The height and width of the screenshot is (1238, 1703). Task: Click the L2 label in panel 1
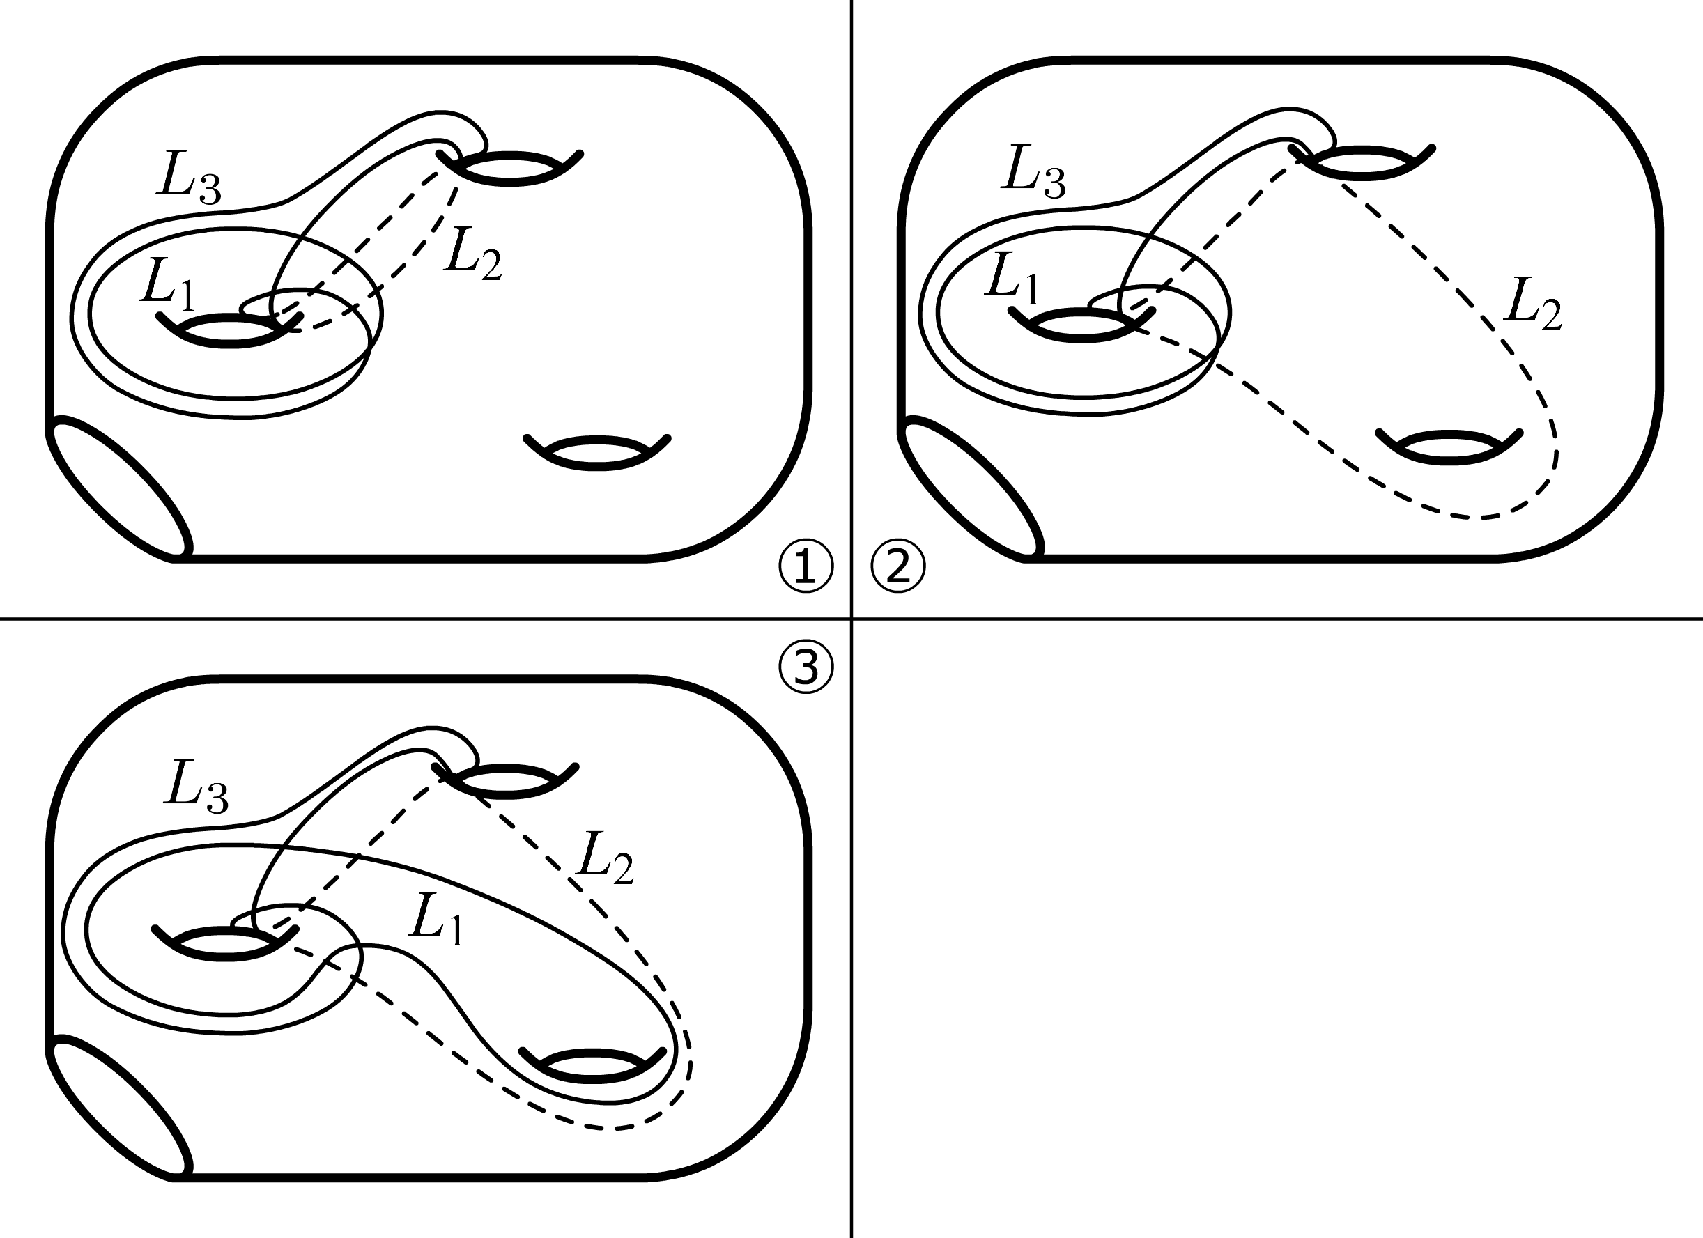coord(472,255)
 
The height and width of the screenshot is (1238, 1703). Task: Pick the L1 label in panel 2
coord(1012,279)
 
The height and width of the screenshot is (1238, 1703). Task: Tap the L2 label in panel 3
coord(604,858)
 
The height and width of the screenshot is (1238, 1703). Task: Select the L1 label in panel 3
coord(436,919)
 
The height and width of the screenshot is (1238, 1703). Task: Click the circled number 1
coord(806,568)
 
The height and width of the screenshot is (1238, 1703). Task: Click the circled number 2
coord(897,568)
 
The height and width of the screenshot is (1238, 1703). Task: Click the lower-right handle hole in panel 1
coord(597,454)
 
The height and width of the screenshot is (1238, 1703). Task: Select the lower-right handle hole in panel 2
coord(1449,448)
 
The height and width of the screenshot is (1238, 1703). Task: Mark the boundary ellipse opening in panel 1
coord(120,488)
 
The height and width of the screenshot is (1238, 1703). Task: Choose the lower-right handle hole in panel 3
coord(593,1066)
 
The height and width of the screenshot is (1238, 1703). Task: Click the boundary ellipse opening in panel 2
coord(971,488)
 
